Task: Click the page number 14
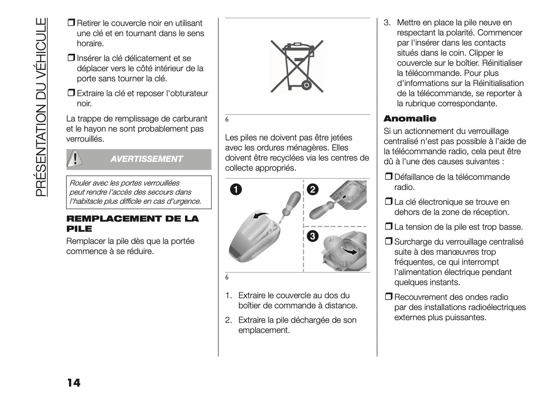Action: (73, 383)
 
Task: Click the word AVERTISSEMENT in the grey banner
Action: (146, 159)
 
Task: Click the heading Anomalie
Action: (410, 119)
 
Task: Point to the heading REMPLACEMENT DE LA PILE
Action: (132, 224)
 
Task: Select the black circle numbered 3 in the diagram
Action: (312, 237)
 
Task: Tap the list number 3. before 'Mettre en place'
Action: (387, 23)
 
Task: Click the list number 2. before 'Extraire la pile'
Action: (229, 320)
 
